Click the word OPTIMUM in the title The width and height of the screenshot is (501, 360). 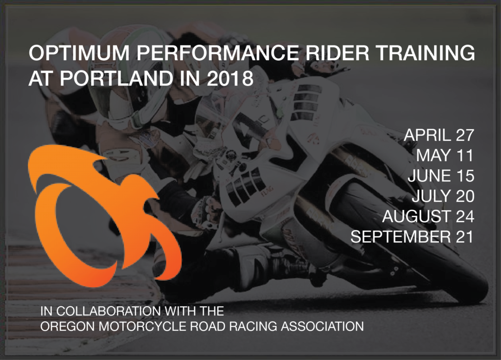79,53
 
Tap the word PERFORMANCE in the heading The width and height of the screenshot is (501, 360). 218,53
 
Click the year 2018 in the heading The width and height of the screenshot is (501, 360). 230,78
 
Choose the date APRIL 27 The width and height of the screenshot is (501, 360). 439,135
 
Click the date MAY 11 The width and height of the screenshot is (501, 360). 445,156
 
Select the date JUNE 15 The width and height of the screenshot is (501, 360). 441,176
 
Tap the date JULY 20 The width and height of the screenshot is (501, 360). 443,196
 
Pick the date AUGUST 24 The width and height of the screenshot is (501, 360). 428,216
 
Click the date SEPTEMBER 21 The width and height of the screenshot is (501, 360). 412,237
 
